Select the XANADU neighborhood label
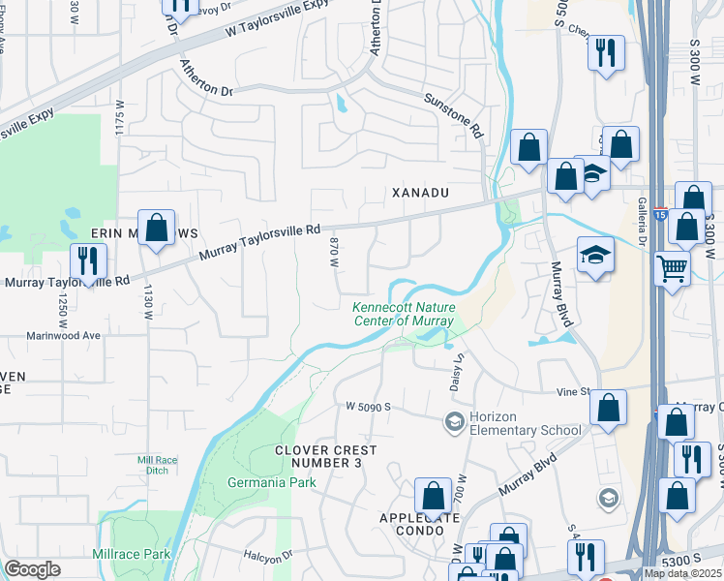coord(420,193)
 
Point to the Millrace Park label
coord(139,554)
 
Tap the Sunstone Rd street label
coord(452,114)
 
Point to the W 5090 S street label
coord(367,408)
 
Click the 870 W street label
coord(333,252)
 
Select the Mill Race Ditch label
coord(159,465)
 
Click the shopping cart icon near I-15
coord(672,267)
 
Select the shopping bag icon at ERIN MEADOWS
coord(156,228)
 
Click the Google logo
coord(32,569)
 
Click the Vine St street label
coord(572,391)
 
